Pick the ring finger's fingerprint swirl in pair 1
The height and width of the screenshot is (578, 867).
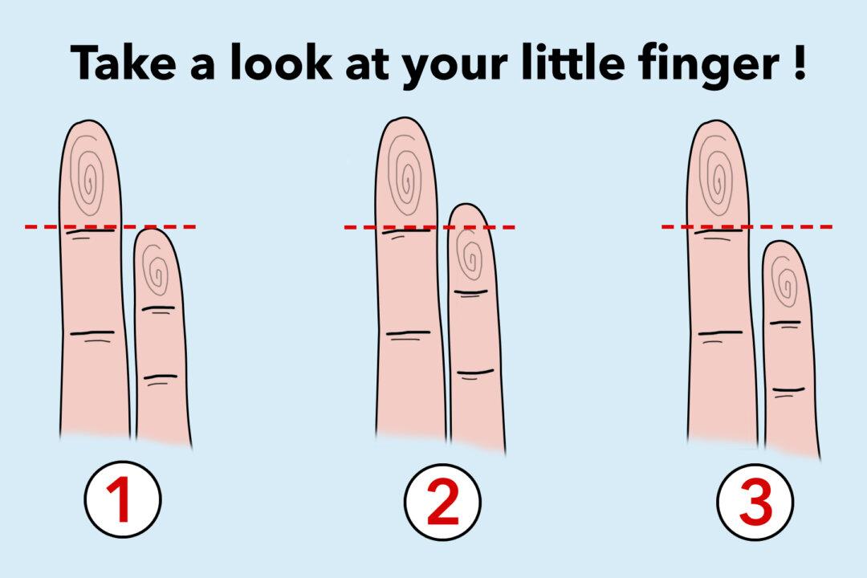point(89,175)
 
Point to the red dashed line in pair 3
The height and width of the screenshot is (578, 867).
point(795,227)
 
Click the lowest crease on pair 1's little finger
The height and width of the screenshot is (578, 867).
point(161,377)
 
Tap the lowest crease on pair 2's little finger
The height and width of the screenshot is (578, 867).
point(474,372)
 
